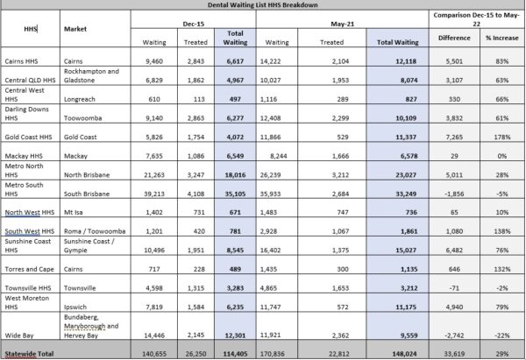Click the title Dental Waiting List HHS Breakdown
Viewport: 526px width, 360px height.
pos(264,5)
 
